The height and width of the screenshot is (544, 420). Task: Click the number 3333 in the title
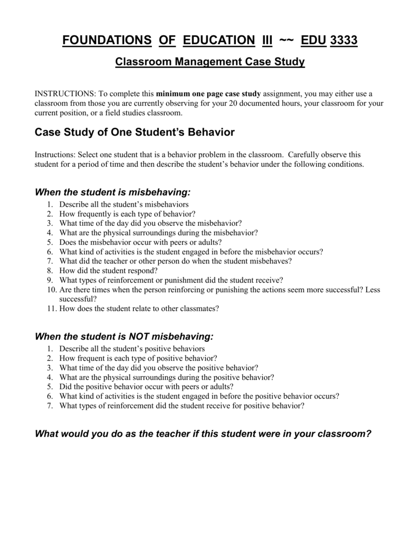(344, 40)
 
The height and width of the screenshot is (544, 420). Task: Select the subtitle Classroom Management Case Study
(210, 62)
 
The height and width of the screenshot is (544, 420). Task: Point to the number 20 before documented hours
(233, 104)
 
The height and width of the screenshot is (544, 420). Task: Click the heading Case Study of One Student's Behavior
(134, 131)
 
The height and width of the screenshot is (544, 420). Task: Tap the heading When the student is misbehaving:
(112, 191)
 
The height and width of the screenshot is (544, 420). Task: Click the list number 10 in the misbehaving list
(51, 290)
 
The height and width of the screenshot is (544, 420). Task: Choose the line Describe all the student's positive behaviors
(132, 348)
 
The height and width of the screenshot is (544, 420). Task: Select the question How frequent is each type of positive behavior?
(138, 358)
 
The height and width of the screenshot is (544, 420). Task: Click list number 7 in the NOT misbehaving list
(50, 406)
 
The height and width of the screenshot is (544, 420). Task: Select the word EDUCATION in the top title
(219, 40)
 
